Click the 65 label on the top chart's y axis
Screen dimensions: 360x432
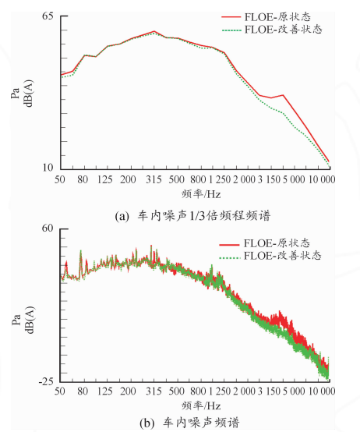click(x=48, y=16)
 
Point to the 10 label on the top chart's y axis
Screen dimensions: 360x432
click(x=48, y=167)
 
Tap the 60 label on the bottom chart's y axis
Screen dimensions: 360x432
click(x=47, y=228)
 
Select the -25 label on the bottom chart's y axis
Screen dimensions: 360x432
click(x=46, y=381)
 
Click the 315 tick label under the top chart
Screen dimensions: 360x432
click(x=154, y=179)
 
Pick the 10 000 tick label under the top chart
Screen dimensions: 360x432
click(x=322, y=179)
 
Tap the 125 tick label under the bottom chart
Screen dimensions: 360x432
click(x=105, y=391)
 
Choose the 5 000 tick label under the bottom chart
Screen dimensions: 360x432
click(x=294, y=391)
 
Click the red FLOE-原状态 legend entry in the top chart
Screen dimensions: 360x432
click(x=266, y=17)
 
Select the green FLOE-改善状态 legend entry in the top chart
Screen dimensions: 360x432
click(x=272, y=29)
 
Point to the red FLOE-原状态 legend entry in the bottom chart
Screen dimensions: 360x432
click(x=265, y=243)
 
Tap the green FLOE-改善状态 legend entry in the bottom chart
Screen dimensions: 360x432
click(x=270, y=256)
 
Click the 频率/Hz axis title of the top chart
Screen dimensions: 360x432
click(x=201, y=194)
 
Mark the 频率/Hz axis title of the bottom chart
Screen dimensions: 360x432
click(x=201, y=405)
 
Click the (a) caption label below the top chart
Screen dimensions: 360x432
click(x=122, y=216)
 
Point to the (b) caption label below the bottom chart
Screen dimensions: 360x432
click(x=147, y=423)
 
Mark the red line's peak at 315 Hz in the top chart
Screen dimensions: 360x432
click(x=154, y=31)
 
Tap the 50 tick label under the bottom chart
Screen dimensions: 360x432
click(x=60, y=391)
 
